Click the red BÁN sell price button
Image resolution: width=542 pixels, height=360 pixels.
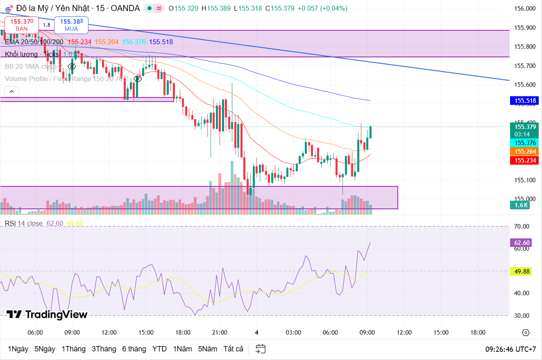22,25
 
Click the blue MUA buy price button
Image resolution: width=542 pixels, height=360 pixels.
71,25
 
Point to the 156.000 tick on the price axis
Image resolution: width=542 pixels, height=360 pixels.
525,9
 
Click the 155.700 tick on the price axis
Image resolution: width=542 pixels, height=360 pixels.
525,66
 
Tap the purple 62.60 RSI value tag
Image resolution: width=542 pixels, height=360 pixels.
522,243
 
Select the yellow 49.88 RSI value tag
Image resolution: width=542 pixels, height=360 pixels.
522,271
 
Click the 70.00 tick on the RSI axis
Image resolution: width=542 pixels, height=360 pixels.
522,226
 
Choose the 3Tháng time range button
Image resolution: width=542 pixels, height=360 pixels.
104,349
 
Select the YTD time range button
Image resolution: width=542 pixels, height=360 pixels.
159,349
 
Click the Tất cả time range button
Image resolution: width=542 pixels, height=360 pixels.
233,349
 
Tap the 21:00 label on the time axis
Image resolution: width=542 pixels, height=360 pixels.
220,332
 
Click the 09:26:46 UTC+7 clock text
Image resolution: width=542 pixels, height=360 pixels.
510,349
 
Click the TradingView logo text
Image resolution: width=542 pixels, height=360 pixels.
47,315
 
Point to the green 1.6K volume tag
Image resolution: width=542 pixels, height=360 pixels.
521,205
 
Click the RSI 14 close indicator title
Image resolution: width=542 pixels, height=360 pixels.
23,223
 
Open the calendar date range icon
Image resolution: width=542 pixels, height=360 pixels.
261,349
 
